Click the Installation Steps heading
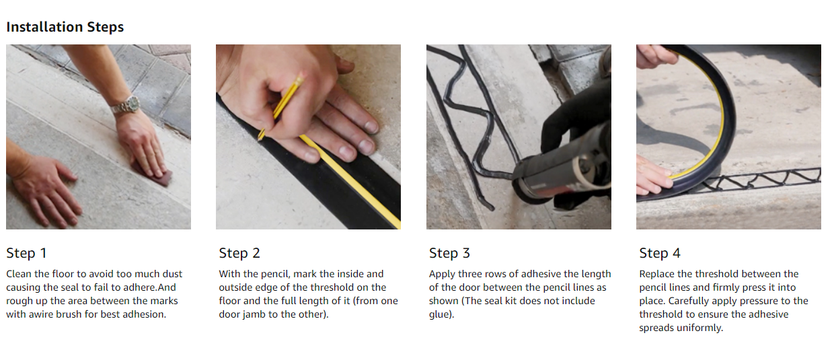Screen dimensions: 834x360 click(65, 27)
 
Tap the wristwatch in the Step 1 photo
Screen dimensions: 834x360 click(126, 105)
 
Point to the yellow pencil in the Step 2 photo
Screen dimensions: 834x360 click(280, 108)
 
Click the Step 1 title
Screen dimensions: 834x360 click(26, 253)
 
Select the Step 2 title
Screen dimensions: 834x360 click(239, 253)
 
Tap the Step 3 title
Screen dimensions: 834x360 click(449, 253)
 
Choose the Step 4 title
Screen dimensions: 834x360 click(660, 253)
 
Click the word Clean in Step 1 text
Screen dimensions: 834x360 click(19, 274)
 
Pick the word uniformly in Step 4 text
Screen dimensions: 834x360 click(699, 328)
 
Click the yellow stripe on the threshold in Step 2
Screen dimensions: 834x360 click(350, 182)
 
